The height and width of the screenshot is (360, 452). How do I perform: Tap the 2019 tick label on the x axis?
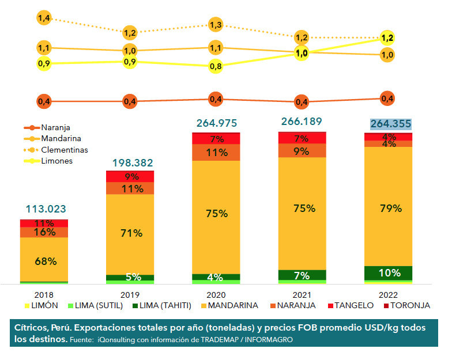pyautogui.click(x=130, y=293)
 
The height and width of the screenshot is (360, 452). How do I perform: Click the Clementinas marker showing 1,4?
pyautogui.click(x=44, y=18)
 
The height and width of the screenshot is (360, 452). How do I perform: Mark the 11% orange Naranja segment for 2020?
pyautogui.click(x=216, y=153)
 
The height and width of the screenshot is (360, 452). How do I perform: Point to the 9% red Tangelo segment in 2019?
pyautogui.click(x=130, y=177)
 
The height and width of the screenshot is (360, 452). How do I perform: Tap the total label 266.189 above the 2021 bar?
pyautogui.click(x=302, y=122)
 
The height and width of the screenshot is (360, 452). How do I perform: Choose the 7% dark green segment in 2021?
pyautogui.click(x=302, y=275)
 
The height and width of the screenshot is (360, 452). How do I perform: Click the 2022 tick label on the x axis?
pyautogui.click(x=389, y=293)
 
